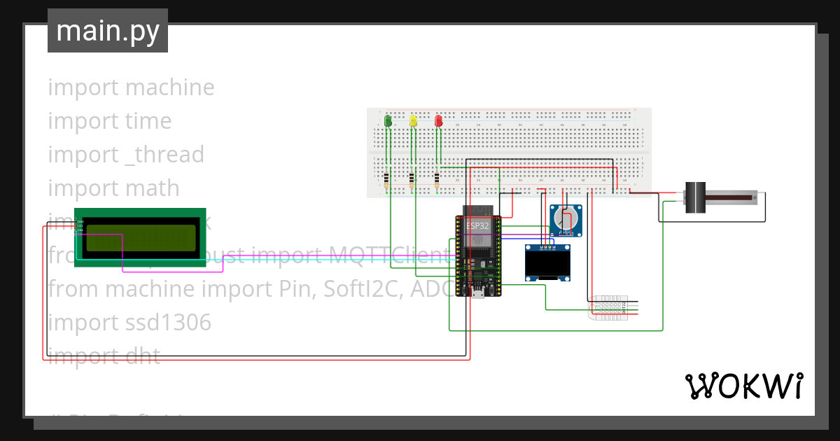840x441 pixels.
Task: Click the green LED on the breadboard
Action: (x=388, y=121)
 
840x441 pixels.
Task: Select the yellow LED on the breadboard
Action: (x=413, y=121)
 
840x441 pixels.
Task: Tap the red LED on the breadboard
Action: (x=439, y=121)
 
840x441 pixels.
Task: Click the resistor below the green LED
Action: (x=388, y=181)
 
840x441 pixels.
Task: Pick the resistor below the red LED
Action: (x=437, y=181)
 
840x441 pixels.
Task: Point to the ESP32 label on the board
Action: (x=477, y=226)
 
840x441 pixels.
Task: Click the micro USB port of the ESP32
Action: (x=477, y=294)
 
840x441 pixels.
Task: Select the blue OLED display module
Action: (x=547, y=262)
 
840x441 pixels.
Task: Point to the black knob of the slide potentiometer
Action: (x=694, y=197)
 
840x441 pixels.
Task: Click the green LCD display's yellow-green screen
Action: (x=140, y=238)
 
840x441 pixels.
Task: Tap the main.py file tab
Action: (x=108, y=31)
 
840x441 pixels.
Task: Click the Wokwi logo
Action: (x=743, y=386)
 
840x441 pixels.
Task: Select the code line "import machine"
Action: (x=131, y=87)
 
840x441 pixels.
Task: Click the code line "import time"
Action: (x=109, y=121)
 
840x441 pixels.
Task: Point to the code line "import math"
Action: (x=113, y=188)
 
